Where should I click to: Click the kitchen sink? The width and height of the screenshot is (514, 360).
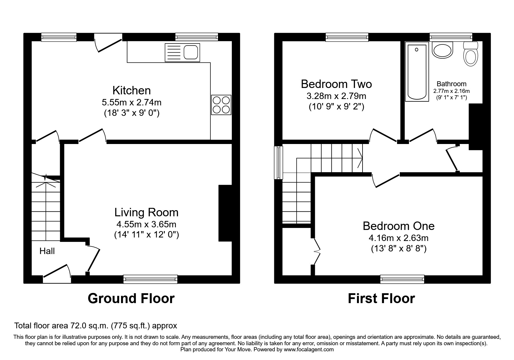(x=182, y=53)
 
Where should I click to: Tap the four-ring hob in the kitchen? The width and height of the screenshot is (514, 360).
(x=221, y=105)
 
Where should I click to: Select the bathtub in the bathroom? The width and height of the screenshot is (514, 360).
(x=417, y=72)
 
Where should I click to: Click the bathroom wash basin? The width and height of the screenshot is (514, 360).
(x=443, y=50)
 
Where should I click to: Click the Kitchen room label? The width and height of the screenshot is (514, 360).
(x=131, y=91)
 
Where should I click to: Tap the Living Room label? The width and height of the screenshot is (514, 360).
(x=146, y=213)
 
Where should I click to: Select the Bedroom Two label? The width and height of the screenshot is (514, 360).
(x=336, y=84)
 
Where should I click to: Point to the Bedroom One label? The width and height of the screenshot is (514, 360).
(x=398, y=226)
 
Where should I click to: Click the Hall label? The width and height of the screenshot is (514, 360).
(x=47, y=251)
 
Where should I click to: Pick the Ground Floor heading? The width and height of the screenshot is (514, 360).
(x=131, y=298)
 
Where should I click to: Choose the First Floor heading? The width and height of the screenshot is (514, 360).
(x=381, y=298)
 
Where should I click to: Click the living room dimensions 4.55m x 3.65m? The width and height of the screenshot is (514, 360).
(x=146, y=224)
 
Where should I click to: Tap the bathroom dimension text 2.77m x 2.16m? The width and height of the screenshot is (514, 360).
(x=452, y=91)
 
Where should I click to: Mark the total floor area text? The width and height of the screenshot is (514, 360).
(x=96, y=326)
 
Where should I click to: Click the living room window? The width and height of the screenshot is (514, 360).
(x=150, y=279)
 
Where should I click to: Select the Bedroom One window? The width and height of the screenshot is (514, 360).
(x=402, y=279)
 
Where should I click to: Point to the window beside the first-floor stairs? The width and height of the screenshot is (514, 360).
(x=279, y=162)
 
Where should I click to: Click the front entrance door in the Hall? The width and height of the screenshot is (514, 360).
(x=57, y=274)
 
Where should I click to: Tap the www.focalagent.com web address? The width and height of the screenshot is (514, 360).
(x=309, y=350)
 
